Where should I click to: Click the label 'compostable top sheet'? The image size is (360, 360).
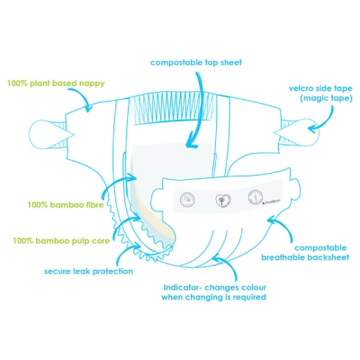196,62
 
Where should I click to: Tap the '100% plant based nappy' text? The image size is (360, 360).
56,83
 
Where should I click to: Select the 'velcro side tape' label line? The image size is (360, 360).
321,89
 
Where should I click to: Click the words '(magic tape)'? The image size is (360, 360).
326,98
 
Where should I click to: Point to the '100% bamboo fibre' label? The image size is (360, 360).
66,205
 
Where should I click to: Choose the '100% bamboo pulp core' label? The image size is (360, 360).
61,241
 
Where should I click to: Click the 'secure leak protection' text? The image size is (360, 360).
89,271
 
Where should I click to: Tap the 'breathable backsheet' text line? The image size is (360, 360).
305,258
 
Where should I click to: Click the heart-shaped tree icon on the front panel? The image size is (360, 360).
223,201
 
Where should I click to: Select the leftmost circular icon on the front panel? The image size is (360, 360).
187,199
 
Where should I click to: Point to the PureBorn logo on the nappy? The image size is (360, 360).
271,202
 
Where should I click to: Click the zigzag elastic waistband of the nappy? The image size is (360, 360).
172,108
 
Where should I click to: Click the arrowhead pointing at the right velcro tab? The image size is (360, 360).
312,129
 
